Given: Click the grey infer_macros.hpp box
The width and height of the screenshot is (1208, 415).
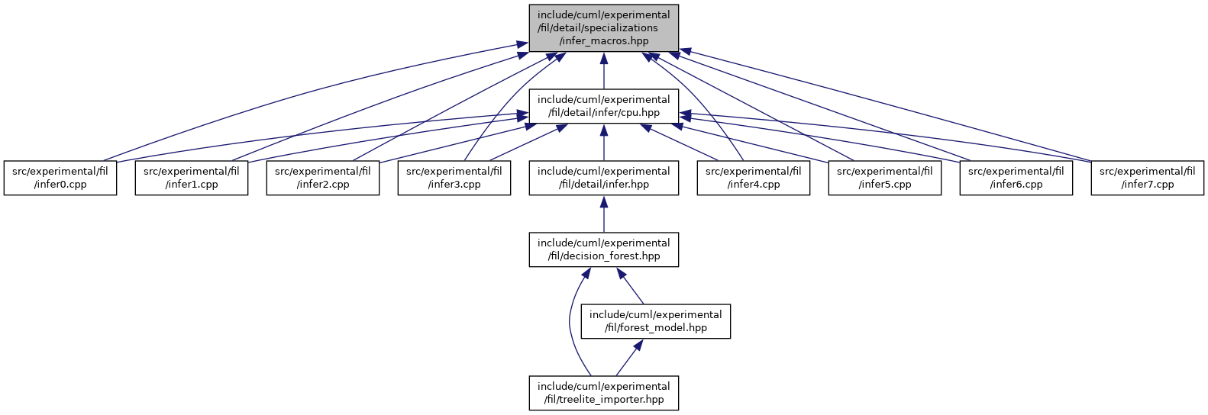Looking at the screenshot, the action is (603, 28).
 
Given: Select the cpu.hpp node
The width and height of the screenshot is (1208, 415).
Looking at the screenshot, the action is (603, 106).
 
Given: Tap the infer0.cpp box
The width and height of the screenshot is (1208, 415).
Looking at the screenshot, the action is (60, 178).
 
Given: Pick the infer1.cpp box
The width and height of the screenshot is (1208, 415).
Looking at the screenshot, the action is (192, 178).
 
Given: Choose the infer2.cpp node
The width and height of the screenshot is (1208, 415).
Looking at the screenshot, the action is (322, 178).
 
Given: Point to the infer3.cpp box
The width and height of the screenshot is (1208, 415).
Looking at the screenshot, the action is (454, 178).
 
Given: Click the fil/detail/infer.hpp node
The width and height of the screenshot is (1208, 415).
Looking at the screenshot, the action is (603, 178).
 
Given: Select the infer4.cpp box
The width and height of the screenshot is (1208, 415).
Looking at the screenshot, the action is (754, 178).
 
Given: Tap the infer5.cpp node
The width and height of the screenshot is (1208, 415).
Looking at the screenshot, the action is (885, 178).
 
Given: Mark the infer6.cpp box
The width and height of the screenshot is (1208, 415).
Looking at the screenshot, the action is (1016, 178).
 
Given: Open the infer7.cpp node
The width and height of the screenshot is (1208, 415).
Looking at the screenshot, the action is (1148, 178).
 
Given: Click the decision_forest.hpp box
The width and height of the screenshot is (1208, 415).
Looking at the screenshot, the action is (603, 249).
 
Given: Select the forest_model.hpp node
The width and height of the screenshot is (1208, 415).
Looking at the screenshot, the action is (656, 321).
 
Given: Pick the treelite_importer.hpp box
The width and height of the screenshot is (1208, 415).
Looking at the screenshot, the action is (603, 393).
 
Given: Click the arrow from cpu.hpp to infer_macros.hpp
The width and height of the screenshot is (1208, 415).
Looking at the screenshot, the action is (603, 71).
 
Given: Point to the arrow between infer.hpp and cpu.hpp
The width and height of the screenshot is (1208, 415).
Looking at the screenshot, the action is (603, 143).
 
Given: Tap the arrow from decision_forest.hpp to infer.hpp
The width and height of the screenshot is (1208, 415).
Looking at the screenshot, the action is (603, 214).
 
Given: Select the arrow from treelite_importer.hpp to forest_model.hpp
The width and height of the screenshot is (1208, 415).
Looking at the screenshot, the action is (630, 357).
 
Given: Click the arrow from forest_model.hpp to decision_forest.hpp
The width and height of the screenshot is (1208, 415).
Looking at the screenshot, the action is (630, 285).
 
